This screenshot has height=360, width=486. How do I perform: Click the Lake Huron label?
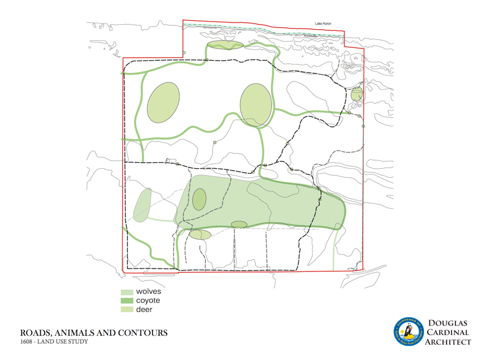tap(323, 24)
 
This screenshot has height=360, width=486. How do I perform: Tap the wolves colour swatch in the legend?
tap(126, 292)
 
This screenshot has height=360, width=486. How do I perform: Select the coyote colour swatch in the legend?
tap(126, 301)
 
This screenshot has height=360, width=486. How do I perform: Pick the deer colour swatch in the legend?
tap(126, 310)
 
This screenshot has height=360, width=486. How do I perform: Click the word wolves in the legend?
tap(148, 292)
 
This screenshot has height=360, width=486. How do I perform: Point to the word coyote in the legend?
tap(148, 301)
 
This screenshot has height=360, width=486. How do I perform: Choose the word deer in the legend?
tap(144, 310)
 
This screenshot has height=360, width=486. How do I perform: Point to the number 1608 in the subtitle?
tap(26, 342)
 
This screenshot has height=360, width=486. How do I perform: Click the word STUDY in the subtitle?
tap(78, 342)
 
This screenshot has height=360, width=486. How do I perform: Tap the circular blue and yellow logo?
tap(408, 332)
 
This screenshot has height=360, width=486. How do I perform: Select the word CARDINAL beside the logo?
tap(450, 332)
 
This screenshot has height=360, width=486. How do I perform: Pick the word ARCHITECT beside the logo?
tap(450, 342)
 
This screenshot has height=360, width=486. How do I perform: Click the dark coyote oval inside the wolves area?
tap(199, 199)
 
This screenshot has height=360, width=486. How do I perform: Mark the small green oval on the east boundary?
tap(357, 94)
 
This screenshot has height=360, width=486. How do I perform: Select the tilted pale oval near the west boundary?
tap(143, 205)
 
